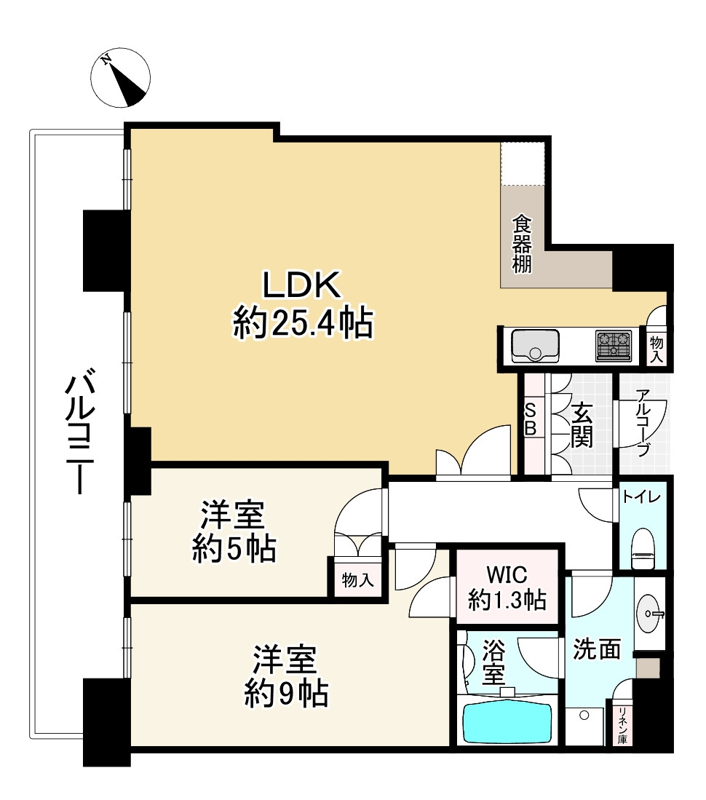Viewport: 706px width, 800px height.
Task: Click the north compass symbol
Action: pyautogui.click(x=121, y=78)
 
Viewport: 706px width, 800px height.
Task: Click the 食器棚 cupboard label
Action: pyautogui.click(x=520, y=243)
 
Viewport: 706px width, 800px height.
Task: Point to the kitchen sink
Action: pyautogui.click(x=535, y=345)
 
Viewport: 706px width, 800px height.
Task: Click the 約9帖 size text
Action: pyautogui.click(x=285, y=695)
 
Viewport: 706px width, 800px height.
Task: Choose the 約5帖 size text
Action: pyautogui.click(x=234, y=550)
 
